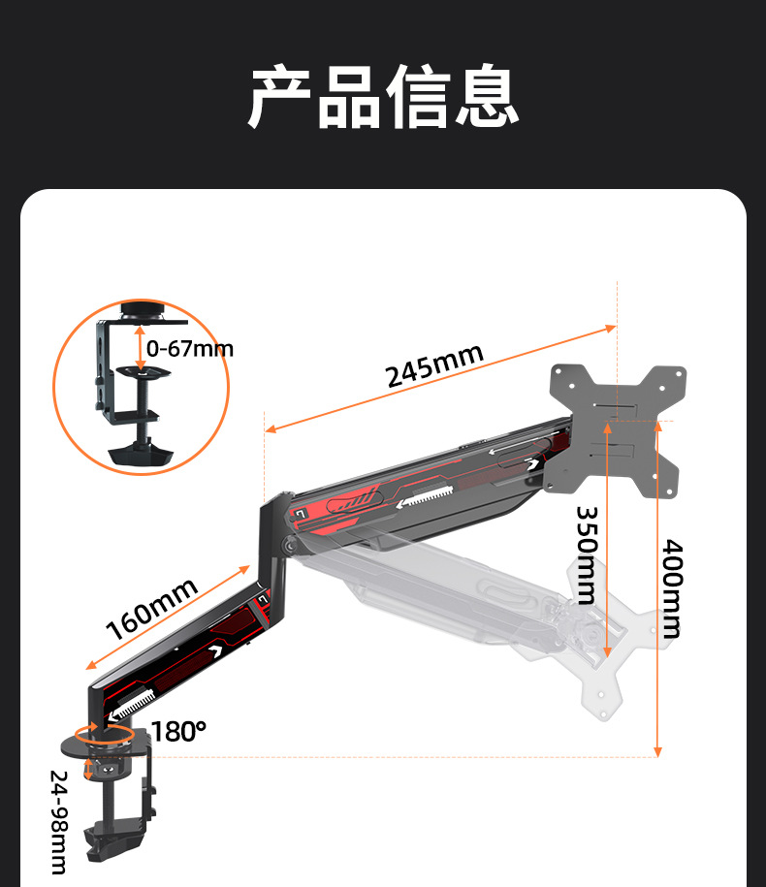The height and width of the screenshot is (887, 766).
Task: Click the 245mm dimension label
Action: [434, 365]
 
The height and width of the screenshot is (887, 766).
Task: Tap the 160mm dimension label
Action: [152, 607]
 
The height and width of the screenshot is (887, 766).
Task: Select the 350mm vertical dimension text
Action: [587, 554]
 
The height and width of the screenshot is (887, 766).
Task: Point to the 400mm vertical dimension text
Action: [671, 588]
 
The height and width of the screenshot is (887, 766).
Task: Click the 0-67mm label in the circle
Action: [190, 348]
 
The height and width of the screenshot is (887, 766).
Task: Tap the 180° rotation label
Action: [179, 731]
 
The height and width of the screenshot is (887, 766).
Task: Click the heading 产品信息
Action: [384, 96]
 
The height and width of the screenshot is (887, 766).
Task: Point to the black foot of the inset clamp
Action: [139, 453]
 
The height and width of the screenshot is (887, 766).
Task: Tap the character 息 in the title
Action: [488, 96]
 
